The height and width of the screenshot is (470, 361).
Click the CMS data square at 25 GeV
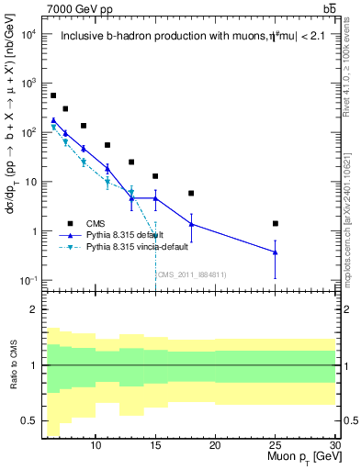[276, 223]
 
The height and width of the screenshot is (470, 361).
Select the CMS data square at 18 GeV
[191, 194]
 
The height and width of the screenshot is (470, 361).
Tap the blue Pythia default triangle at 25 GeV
[276, 252]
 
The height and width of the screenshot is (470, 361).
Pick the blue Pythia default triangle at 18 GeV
[191, 224]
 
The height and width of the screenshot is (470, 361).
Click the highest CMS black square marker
[53, 95]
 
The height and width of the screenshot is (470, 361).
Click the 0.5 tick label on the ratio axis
[29, 420]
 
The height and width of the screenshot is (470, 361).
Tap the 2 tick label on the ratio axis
[33, 309]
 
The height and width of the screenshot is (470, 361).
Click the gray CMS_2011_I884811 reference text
[192, 274]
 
